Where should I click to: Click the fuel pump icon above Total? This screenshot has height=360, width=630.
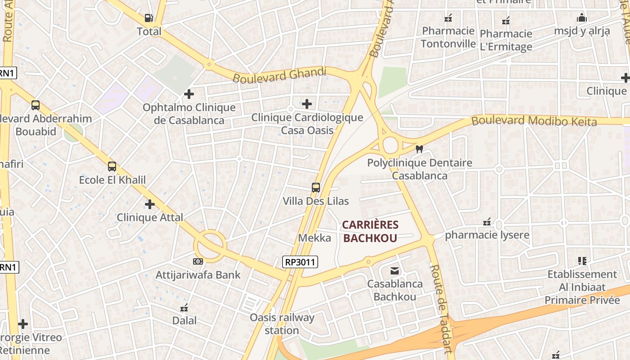(x=149, y=18)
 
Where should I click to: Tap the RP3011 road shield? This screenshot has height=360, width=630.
(x=301, y=262)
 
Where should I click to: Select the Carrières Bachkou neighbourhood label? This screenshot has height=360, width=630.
(x=370, y=231)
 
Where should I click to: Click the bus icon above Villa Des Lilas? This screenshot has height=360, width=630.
(x=316, y=188)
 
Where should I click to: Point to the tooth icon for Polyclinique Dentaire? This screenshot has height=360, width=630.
(x=419, y=149)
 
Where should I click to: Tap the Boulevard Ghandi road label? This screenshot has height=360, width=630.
(x=279, y=75)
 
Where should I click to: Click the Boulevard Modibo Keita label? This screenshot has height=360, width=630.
(x=534, y=121)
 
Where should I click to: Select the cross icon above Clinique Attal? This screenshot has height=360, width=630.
(x=150, y=204)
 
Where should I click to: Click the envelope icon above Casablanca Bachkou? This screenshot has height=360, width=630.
(x=395, y=270)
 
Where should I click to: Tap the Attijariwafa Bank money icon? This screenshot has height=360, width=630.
(x=198, y=261)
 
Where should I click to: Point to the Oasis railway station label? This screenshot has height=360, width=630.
(x=282, y=324)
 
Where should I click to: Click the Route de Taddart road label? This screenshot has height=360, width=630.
(x=441, y=308)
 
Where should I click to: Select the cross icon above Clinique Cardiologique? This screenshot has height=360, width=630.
(x=307, y=104)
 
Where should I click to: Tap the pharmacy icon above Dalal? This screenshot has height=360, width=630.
(x=184, y=308)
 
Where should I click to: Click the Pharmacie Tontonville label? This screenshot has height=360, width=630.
(x=448, y=37)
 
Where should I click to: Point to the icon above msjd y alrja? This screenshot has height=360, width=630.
(x=581, y=18)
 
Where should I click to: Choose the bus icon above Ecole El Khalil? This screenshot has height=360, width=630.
(x=112, y=166)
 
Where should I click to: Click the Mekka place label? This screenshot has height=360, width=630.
(x=315, y=238)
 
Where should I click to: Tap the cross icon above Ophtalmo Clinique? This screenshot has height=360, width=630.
(x=189, y=94)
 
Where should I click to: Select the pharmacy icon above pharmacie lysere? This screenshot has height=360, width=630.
(x=487, y=222)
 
